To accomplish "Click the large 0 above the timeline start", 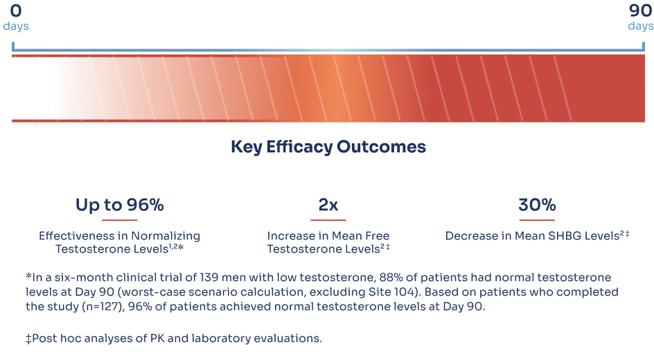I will point(16,10).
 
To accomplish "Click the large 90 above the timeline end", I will point(640,10).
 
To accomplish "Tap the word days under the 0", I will point(16,26).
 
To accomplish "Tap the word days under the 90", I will point(640,26).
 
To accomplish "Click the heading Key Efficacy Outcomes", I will point(328,147).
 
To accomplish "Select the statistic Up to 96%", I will point(119,205).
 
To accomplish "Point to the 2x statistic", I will point(328,205).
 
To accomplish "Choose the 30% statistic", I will point(537,205).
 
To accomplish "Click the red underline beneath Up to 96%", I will point(119,220).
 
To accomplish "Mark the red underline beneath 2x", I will point(328,220).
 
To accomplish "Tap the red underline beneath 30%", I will point(537,220).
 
